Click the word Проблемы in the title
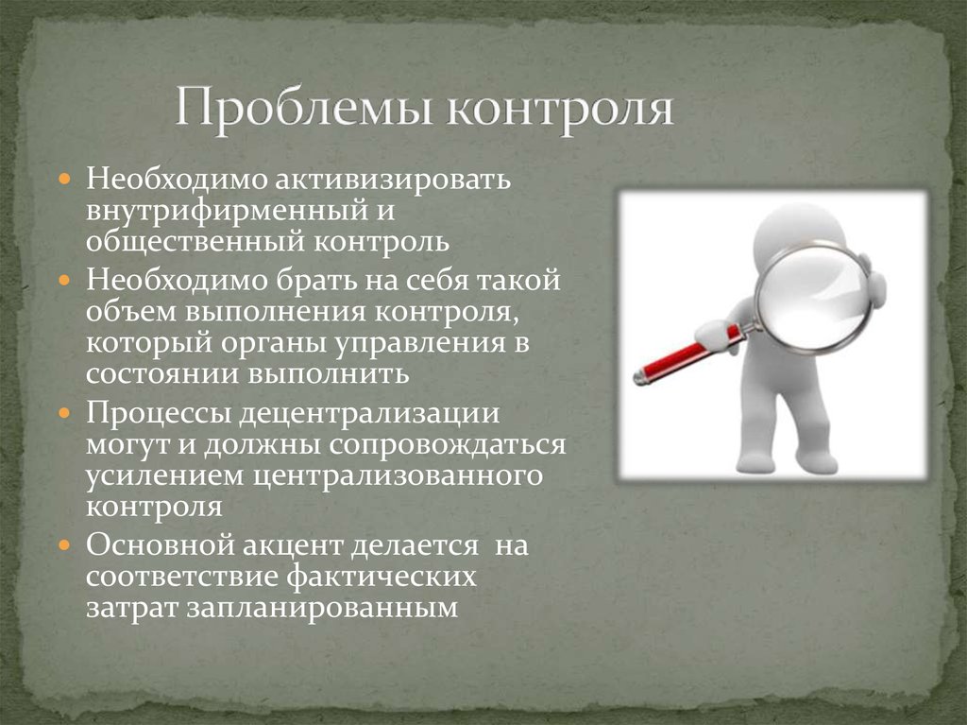click(305, 109)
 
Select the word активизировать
click(393, 179)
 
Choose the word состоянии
click(162, 373)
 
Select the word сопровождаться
click(448, 444)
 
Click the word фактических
click(382, 577)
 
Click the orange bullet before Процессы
click(65, 412)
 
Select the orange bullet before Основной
click(65, 545)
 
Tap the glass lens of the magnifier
click(814, 297)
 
